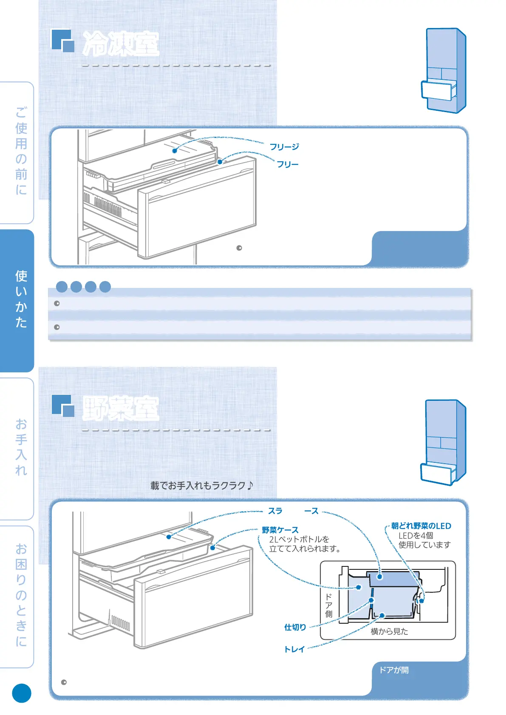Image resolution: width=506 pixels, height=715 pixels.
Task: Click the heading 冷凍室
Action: (x=121, y=43)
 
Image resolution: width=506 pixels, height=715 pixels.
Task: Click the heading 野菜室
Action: (x=121, y=408)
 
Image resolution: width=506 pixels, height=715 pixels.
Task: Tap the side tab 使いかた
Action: (x=21, y=299)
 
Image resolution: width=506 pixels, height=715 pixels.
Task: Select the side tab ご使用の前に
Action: (x=21, y=151)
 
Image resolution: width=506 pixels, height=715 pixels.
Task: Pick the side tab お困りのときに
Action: (x=21, y=594)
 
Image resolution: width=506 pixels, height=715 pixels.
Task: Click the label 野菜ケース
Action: (x=280, y=530)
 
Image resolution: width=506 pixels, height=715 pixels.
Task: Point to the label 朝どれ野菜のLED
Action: (x=421, y=526)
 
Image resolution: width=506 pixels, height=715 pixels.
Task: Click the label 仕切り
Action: (x=295, y=627)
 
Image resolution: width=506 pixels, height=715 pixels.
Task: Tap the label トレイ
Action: (x=294, y=649)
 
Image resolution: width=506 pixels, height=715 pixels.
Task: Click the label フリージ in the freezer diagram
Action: (x=284, y=147)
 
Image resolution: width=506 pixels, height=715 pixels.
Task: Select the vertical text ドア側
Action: (x=328, y=605)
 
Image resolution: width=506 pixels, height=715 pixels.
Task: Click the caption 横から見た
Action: (x=389, y=631)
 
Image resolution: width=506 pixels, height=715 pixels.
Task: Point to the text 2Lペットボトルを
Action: (x=299, y=539)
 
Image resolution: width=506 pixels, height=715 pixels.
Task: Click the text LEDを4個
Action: (x=416, y=535)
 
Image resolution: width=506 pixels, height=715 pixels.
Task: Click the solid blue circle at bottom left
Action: (x=22, y=693)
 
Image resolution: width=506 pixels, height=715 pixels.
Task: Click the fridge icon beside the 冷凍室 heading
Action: (x=444, y=70)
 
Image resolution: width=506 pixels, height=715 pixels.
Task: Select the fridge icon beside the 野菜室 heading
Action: (x=444, y=442)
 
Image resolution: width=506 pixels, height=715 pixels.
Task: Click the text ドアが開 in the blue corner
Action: (x=394, y=670)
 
